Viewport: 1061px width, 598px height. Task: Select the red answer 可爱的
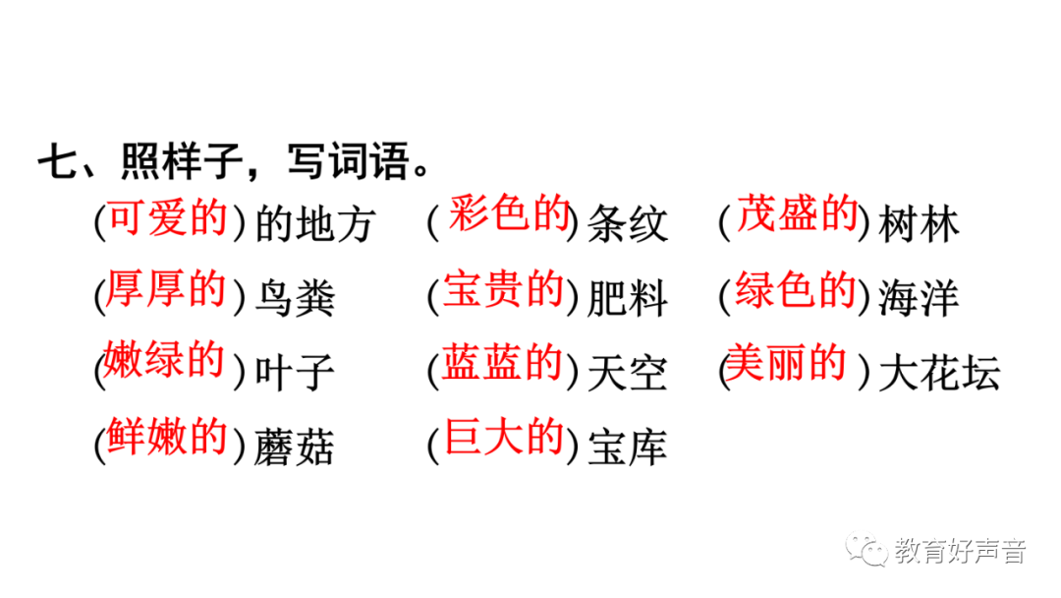[x=166, y=219]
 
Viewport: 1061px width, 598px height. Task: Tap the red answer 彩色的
[x=509, y=213]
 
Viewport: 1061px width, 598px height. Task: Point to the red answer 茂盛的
[x=798, y=213]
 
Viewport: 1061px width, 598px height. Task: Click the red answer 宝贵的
[x=503, y=290]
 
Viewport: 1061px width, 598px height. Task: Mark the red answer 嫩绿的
[x=164, y=361]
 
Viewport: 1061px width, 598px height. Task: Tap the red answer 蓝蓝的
[x=502, y=363]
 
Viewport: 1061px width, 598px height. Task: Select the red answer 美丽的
[x=786, y=364]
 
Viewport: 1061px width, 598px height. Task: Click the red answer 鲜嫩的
[x=166, y=437]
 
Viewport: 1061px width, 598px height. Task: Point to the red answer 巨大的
[x=504, y=437]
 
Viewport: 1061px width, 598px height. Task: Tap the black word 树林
[x=920, y=224]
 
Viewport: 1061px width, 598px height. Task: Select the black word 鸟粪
[x=295, y=299]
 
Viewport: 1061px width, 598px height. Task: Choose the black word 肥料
[x=628, y=299]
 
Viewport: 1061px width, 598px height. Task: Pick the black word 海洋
[x=919, y=299]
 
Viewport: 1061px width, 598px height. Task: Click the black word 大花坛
[x=939, y=374]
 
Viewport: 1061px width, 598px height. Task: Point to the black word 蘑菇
[x=295, y=448]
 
